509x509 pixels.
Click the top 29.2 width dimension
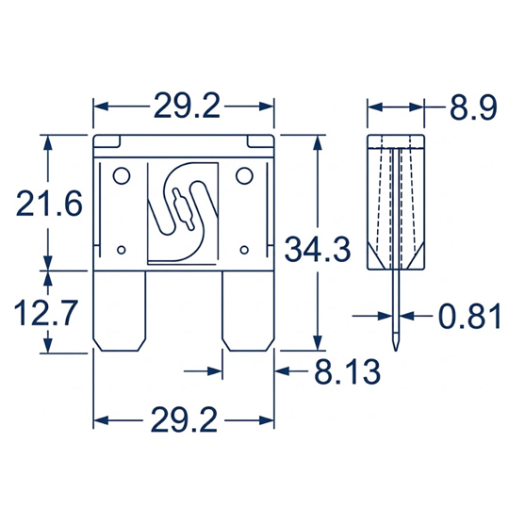pyautogui.click(x=187, y=106)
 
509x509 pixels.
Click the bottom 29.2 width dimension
pyautogui.click(x=184, y=420)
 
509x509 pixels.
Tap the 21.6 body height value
pyautogui.click(x=49, y=204)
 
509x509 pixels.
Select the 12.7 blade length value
pyautogui.click(x=46, y=313)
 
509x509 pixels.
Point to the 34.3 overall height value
pyautogui.click(x=318, y=249)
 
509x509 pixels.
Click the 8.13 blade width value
pyautogui.click(x=347, y=371)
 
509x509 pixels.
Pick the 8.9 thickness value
pyautogui.click(x=473, y=107)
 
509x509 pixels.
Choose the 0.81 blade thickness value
pyautogui.click(x=469, y=316)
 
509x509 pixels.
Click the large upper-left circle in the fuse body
pyautogui.click(x=122, y=176)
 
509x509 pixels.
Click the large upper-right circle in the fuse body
pyautogui.click(x=244, y=175)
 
